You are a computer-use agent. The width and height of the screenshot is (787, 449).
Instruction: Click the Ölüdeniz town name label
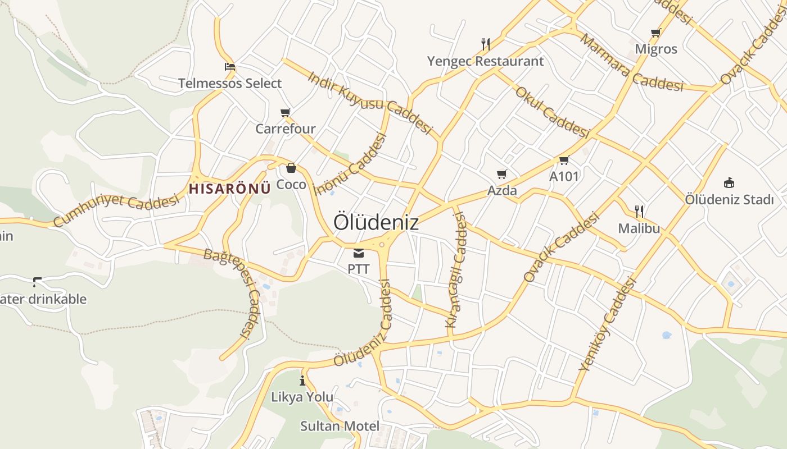click(376, 223)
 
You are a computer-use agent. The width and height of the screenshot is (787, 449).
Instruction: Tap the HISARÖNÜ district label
click(229, 189)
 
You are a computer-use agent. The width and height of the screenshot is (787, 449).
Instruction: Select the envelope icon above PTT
click(359, 253)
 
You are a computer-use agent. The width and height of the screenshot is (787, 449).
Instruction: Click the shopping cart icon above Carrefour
click(286, 113)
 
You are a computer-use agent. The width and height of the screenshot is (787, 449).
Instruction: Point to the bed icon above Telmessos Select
click(229, 67)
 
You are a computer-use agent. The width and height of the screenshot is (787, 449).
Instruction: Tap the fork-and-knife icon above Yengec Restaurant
click(486, 44)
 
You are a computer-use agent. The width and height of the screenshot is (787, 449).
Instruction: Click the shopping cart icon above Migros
click(655, 33)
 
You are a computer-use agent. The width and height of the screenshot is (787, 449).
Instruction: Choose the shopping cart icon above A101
click(564, 161)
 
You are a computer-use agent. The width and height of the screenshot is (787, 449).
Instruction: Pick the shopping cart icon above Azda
click(501, 175)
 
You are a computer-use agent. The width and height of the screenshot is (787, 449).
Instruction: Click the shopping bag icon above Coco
click(291, 168)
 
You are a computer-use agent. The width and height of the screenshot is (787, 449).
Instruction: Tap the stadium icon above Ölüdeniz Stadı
click(729, 182)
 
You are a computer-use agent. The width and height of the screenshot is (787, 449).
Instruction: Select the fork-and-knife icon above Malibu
click(639, 212)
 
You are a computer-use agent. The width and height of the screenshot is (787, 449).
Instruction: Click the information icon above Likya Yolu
click(302, 381)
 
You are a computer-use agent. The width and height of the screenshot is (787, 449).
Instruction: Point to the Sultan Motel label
click(340, 426)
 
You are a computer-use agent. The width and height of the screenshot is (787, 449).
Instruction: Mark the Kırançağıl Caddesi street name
click(456, 271)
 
